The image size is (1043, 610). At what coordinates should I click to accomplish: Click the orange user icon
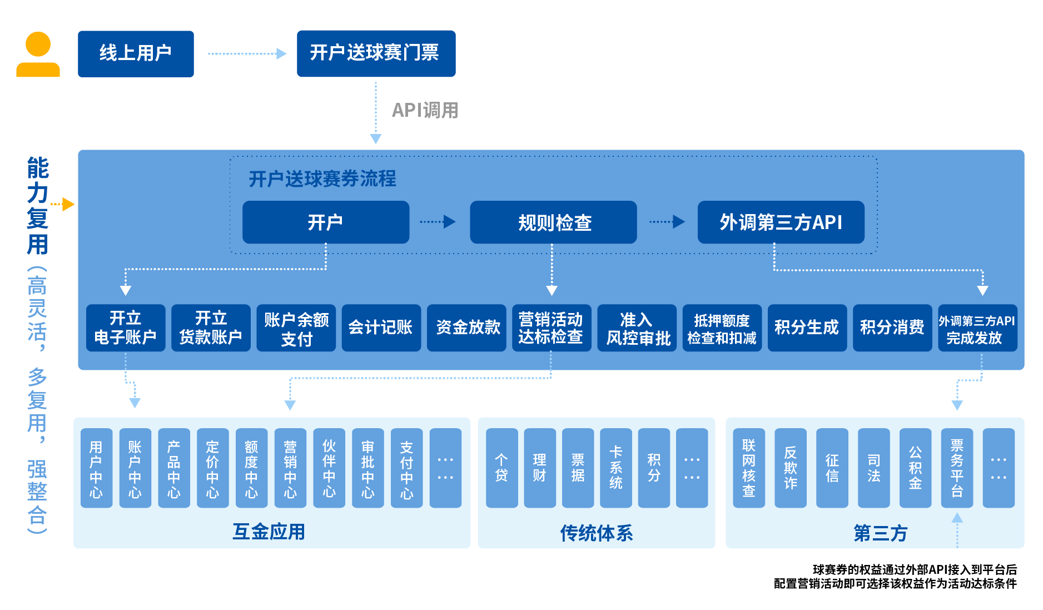coord(38,54)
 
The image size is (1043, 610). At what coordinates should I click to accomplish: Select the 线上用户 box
coord(136,54)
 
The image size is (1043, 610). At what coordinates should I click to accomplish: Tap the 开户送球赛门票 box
coord(376,53)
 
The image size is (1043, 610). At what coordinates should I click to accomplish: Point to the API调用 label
coord(425,110)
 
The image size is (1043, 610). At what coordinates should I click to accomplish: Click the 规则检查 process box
coord(553,222)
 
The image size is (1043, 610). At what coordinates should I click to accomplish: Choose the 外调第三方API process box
coord(781,222)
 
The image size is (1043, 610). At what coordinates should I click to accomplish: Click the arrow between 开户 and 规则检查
coord(438,222)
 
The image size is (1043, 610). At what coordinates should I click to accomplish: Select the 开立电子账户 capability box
coord(126,328)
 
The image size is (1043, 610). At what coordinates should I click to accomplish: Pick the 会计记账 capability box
coord(381,328)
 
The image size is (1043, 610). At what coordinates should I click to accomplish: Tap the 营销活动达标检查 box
coord(551,328)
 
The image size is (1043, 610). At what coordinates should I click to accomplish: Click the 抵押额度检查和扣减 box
coord(722,328)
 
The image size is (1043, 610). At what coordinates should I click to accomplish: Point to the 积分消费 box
coord(892,328)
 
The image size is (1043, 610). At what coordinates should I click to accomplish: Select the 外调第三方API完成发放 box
coord(977,328)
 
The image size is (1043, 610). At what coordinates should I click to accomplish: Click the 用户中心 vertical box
coord(96,468)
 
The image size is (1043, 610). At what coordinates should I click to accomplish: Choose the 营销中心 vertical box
coord(290,468)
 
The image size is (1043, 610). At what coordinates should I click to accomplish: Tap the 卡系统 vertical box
coord(615,468)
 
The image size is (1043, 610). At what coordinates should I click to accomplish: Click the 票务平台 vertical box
coord(957,468)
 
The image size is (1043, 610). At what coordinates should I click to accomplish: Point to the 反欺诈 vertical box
coord(790,468)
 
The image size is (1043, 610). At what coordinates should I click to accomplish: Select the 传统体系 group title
coord(596,533)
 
